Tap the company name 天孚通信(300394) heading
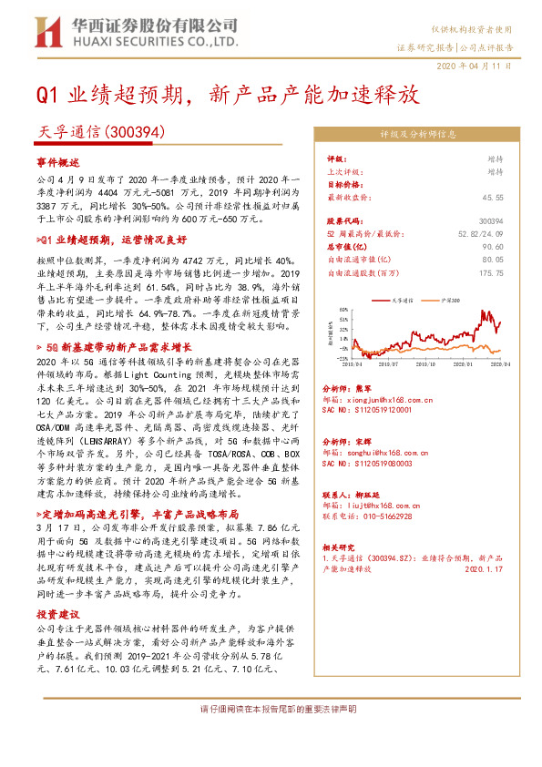(x=100, y=132)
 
